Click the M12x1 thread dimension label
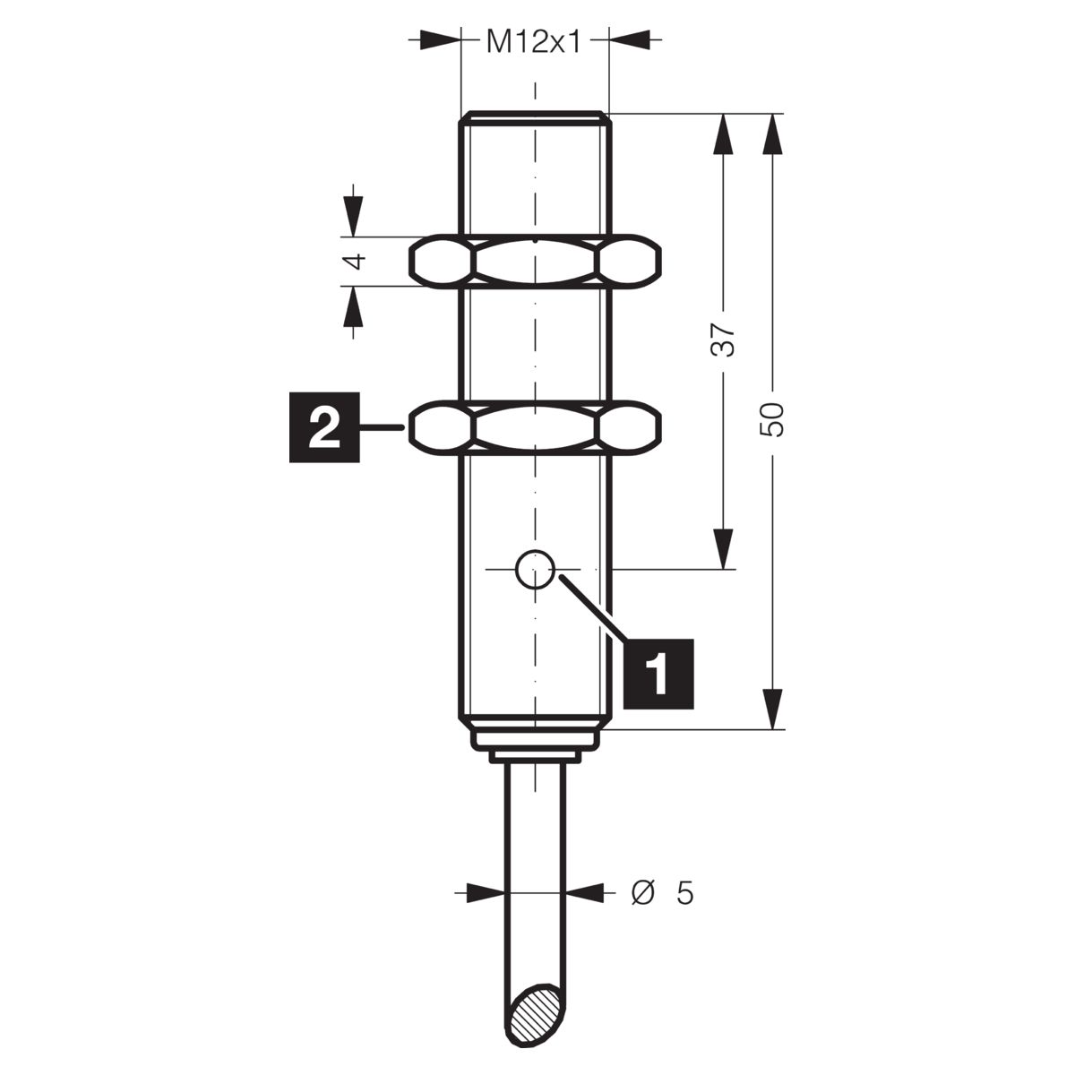point(534,41)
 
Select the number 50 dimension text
point(773,419)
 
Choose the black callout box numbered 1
point(658,674)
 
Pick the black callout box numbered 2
point(324,427)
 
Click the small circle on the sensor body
point(535,569)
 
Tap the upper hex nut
point(535,261)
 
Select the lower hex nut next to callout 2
point(535,428)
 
